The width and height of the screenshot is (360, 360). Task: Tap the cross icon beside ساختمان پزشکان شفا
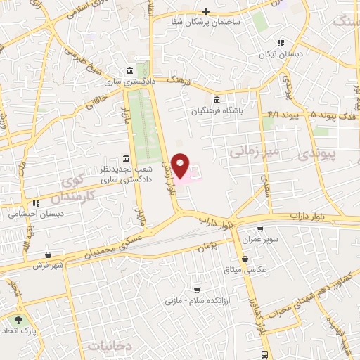point(205,11)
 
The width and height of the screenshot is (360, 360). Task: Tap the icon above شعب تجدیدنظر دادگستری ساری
point(125,157)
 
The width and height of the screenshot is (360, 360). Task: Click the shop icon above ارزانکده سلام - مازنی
point(198,290)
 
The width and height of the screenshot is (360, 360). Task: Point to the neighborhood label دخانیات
point(111,345)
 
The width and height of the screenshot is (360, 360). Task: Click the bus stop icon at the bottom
point(264,354)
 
